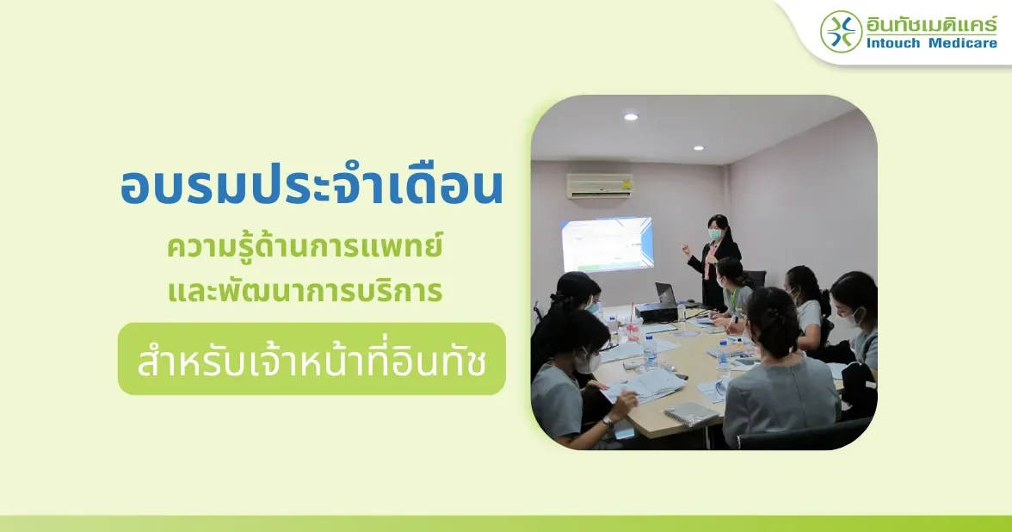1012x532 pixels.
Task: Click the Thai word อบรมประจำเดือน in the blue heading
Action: (312, 188)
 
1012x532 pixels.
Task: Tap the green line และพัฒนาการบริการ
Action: (305, 289)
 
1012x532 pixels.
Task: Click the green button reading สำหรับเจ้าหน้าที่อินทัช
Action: (312, 359)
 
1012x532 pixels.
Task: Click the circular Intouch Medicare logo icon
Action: (841, 31)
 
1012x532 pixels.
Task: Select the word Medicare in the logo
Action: (963, 43)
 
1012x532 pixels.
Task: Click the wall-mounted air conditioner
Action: (600, 185)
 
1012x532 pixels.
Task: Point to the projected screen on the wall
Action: (607, 244)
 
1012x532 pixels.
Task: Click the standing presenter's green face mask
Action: (714, 234)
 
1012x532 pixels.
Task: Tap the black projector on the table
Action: (656, 312)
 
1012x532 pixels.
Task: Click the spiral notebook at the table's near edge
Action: (690, 414)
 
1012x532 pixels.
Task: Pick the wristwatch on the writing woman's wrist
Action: (608, 420)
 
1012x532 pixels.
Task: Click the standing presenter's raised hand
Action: (685, 248)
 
